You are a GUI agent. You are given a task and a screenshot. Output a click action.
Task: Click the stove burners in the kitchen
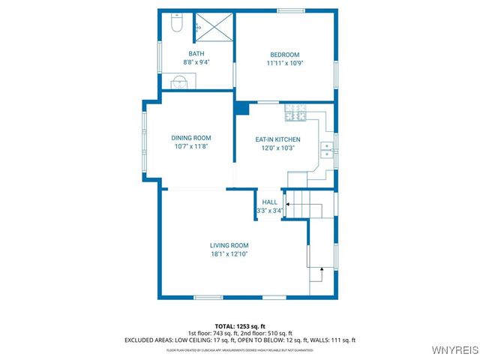(296, 113)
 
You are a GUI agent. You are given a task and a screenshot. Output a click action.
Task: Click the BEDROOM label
(285, 54)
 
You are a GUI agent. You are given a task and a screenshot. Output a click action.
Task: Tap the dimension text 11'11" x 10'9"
(285, 63)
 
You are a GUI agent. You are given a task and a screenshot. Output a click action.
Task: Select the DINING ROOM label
(191, 137)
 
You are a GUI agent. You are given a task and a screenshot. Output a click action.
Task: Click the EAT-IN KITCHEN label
(277, 139)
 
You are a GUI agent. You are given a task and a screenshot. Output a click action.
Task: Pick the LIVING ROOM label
(229, 245)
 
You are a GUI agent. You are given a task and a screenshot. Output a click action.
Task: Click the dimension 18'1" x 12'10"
(229, 254)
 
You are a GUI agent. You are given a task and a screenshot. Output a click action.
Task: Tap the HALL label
(269, 202)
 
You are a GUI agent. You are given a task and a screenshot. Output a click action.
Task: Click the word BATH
(196, 53)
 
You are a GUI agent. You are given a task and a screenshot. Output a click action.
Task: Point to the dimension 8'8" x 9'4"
(196, 62)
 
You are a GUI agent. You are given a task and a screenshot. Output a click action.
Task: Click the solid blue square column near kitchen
(241, 108)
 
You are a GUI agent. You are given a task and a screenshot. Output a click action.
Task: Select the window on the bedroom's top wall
(285, 11)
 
